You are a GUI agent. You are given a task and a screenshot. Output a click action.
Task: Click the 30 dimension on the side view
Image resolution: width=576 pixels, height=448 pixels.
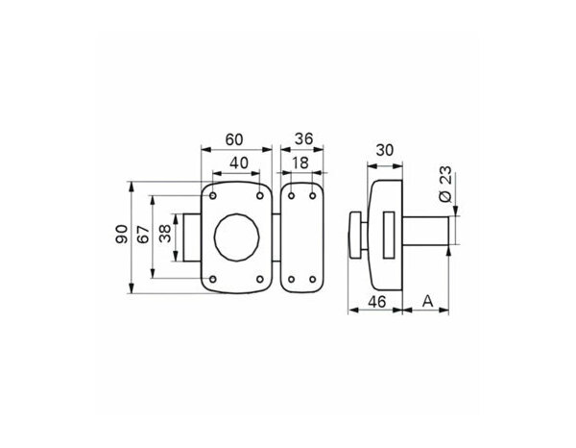click(385, 152)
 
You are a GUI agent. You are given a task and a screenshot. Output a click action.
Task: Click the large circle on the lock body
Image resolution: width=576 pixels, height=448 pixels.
click(235, 236)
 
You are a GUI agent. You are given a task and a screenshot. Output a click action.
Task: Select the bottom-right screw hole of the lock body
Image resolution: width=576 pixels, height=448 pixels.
click(261, 279)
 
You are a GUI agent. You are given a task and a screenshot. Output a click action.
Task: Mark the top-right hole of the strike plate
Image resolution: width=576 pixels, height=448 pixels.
click(315, 196)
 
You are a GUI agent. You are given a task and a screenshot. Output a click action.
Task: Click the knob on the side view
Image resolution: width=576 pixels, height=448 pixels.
click(356, 236)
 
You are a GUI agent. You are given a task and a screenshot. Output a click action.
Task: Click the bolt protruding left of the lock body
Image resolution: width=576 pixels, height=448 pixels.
click(195, 236)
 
